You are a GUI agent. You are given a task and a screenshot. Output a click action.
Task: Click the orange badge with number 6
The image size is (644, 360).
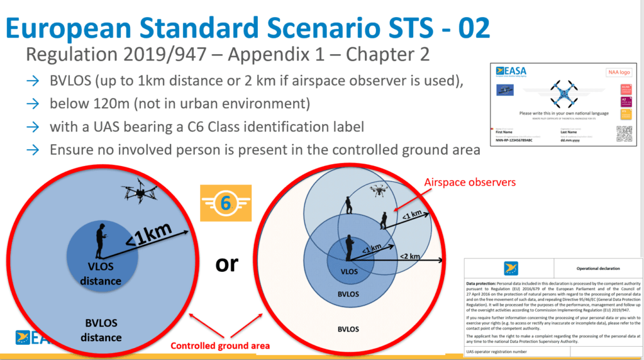[x=225, y=203]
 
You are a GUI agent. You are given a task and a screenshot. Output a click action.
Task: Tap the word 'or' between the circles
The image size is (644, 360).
[x=226, y=263]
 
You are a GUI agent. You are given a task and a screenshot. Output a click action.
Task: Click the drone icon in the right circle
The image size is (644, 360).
[x=380, y=189]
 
